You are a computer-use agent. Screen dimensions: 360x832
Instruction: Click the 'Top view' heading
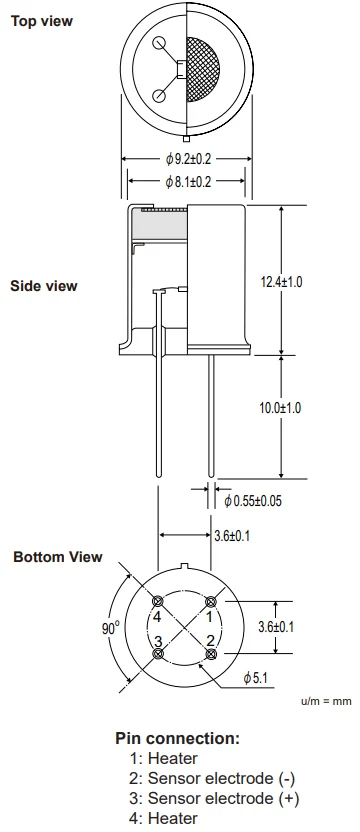click(x=41, y=21)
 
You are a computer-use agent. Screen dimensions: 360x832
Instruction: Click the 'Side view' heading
click(x=44, y=286)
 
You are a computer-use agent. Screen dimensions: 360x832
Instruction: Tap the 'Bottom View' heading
click(x=57, y=557)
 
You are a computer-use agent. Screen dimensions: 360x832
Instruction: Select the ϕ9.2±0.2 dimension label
click(x=188, y=159)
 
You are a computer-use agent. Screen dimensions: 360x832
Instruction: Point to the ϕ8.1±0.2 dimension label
click(x=188, y=182)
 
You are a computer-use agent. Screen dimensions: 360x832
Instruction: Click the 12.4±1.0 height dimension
click(x=281, y=282)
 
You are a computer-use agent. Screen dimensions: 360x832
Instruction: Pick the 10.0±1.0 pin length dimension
click(x=280, y=408)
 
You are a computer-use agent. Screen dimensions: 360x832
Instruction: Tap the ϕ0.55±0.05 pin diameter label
click(x=253, y=500)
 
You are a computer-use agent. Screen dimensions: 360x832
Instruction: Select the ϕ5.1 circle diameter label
click(x=255, y=678)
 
